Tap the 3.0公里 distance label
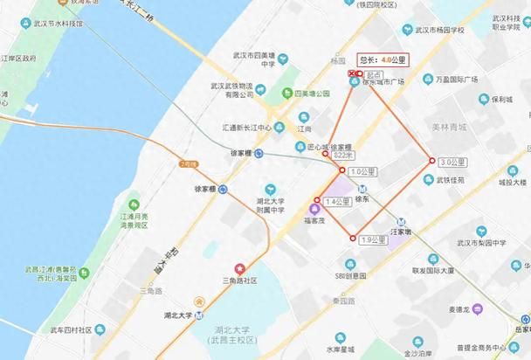450,162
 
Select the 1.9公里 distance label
372,239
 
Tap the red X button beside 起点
352,74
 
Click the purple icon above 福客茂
314,207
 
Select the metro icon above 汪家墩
401,221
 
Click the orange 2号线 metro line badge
189,163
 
